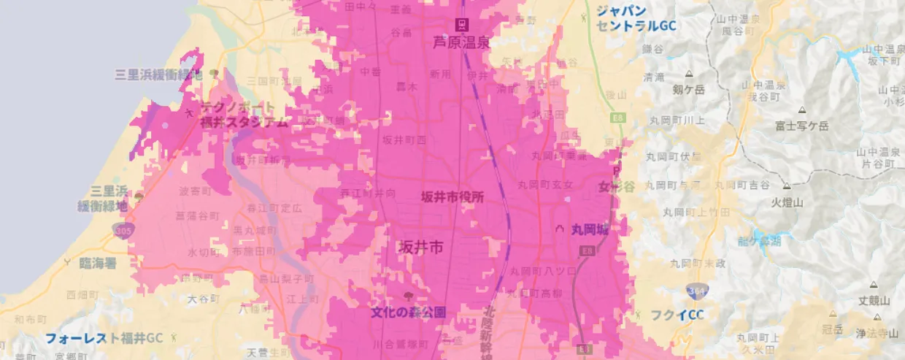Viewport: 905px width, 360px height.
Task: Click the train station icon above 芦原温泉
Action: click(x=461, y=24)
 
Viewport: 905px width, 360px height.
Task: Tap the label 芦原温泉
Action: click(x=462, y=42)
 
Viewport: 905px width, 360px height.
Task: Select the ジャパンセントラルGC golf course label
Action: click(x=636, y=18)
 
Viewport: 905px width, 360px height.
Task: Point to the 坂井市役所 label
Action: click(x=452, y=197)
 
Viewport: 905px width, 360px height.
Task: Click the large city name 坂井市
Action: click(x=420, y=248)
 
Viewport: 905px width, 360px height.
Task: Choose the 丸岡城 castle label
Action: click(x=591, y=229)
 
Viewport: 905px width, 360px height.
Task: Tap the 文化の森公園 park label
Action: click(x=408, y=313)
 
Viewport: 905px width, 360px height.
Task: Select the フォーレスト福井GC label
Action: click(x=104, y=338)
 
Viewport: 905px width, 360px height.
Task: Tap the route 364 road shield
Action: click(x=695, y=292)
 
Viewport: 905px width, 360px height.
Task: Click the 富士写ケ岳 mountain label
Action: click(x=802, y=126)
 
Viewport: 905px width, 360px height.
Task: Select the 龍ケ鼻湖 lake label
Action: click(x=760, y=240)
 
